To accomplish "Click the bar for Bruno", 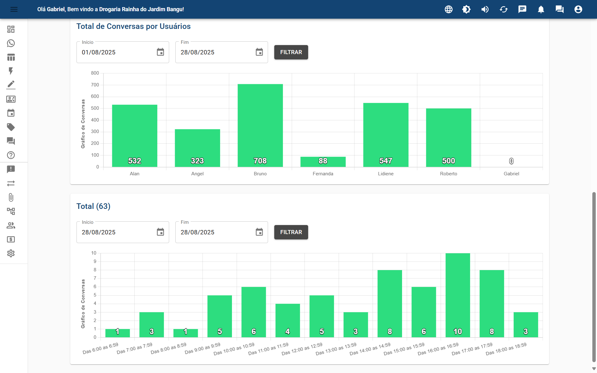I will coord(260,124).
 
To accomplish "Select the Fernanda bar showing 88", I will coord(323,162).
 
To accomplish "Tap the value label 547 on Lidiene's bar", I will coord(386,161).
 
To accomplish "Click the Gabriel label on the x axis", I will coord(511,174).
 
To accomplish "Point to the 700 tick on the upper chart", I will coord(95,85).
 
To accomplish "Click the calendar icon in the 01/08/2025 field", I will coord(160,52).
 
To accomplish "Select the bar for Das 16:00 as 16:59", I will coord(457,295).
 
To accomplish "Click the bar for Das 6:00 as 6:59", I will coord(118,333).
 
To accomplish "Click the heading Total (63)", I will coord(93,206).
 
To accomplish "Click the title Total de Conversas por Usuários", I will coord(133,26).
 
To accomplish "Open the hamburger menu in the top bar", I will coord(14,9).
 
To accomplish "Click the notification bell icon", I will coord(541,9).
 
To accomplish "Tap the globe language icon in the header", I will coord(448,9).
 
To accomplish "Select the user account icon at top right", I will coord(578,9).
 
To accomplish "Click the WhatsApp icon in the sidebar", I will coord(11,43).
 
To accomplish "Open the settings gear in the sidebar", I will coord(11,253).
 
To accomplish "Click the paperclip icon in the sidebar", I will coord(11,197).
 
